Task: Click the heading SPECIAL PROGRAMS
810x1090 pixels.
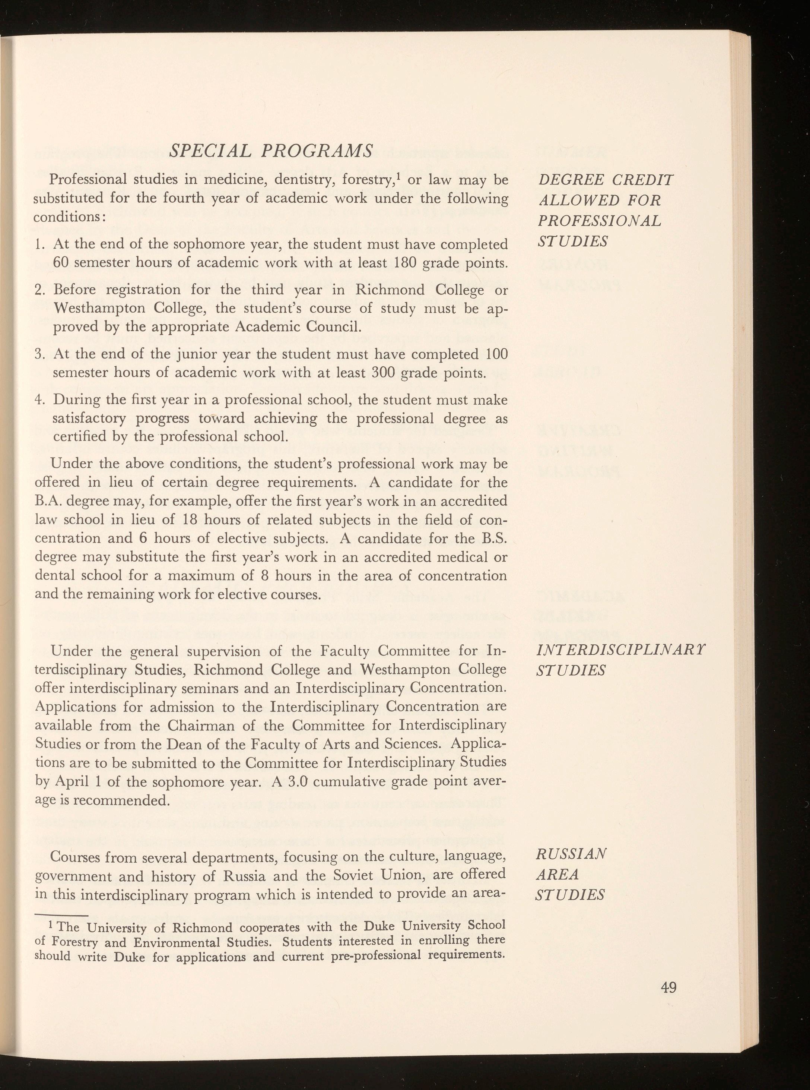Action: click(271, 151)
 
